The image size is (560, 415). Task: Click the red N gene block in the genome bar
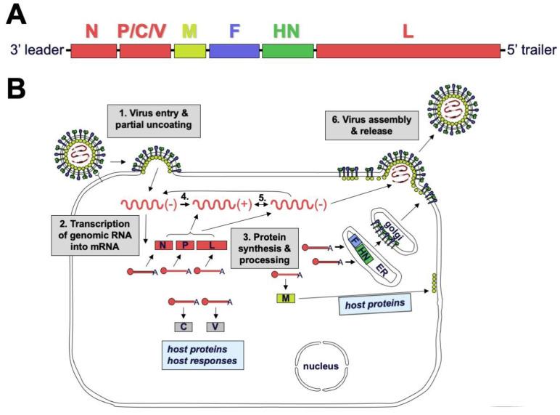tap(94, 51)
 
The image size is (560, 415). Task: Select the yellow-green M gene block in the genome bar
tap(189, 51)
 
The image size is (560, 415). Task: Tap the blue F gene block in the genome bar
tap(234, 51)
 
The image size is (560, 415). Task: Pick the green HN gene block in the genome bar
tap(288, 51)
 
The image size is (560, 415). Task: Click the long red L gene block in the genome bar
tap(408, 51)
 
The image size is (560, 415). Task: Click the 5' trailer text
tap(531, 51)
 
